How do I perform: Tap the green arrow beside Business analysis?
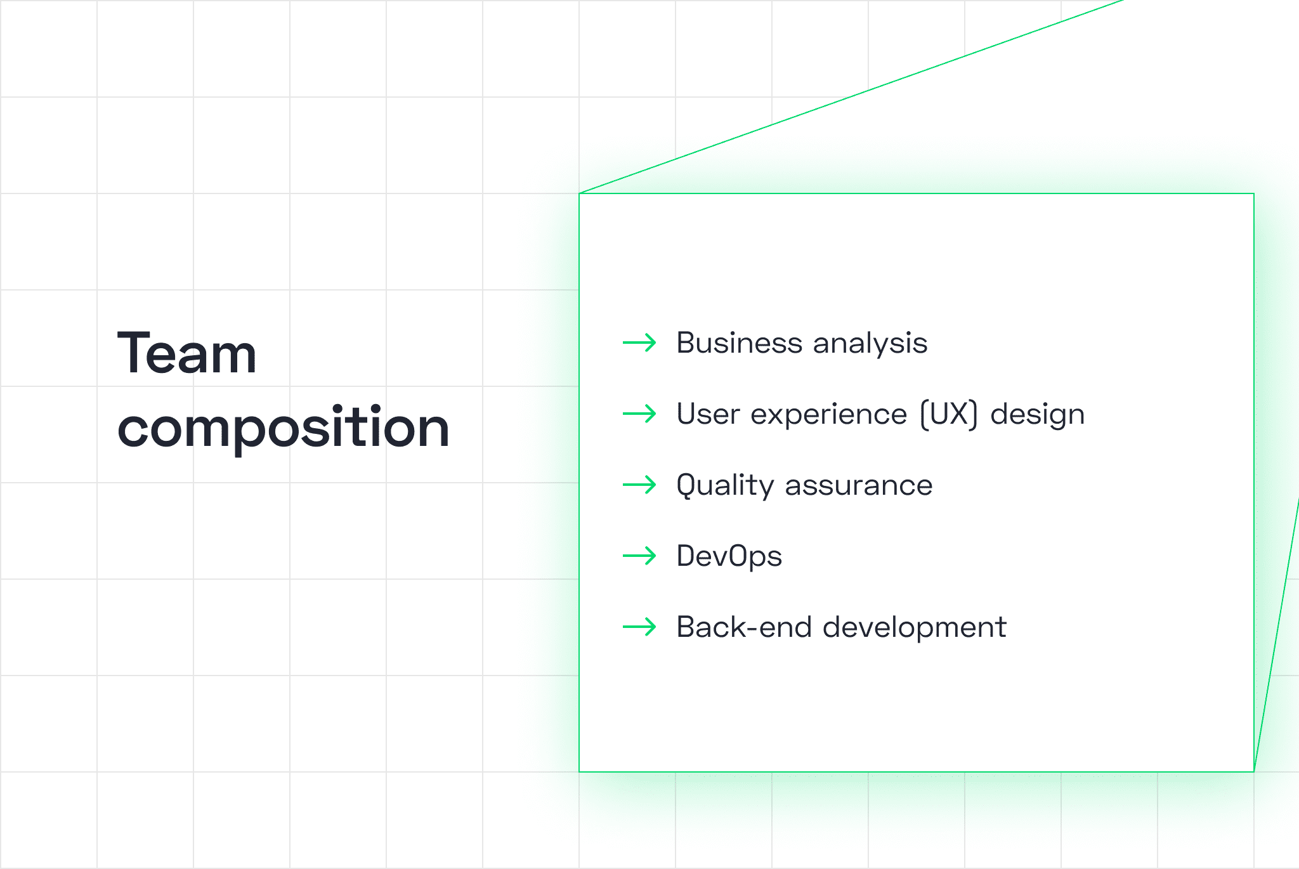(639, 343)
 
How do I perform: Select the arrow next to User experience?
(639, 414)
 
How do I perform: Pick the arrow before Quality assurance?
(639, 485)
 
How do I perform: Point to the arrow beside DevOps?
(639, 556)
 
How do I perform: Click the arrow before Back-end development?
(639, 627)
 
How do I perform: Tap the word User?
(708, 414)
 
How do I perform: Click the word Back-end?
(745, 627)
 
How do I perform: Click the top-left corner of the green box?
(579, 193)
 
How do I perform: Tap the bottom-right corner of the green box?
(1254, 772)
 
